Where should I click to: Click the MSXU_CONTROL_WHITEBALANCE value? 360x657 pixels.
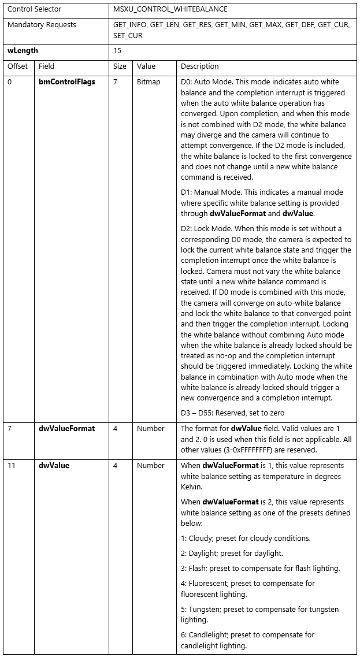click(170, 9)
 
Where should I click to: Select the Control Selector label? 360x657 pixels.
click(34, 9)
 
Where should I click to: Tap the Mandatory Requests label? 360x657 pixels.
click(42, 25)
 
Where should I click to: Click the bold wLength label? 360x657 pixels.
click(23, 51)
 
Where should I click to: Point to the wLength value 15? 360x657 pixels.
click(118, 51)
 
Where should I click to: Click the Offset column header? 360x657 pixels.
click(17, 66)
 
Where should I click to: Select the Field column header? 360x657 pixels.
click(46, 66)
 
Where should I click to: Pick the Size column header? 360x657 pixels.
click(120, 66)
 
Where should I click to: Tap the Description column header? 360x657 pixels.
click(200, 66)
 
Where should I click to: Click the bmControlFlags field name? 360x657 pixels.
click(66, 82)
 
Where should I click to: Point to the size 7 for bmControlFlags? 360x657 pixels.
click(115, 82)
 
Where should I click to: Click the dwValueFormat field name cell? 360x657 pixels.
click(66, 429)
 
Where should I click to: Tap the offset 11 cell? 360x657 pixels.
click(11, 466)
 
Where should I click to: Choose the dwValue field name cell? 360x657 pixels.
click(54, 466)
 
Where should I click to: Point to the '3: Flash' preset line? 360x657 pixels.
click(260, 568)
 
